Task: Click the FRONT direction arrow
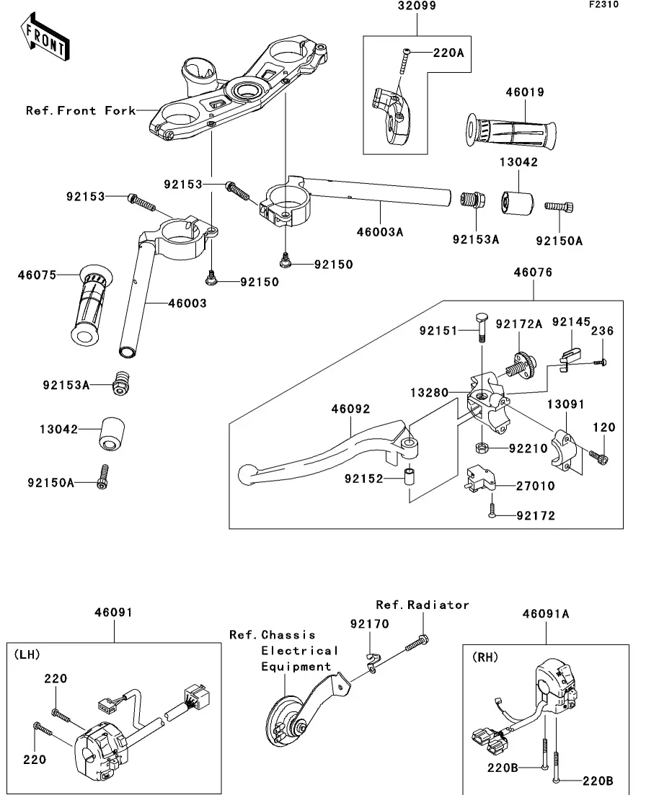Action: click(45, 40)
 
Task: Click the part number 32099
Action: click(417, 6)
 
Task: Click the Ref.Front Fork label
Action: click(81, 110)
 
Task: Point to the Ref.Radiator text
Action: click(423, 605)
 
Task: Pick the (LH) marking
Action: click(27, 654)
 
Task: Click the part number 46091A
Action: click(546, 614)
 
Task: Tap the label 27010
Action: click(535, 486)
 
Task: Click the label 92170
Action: click(370, 623)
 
